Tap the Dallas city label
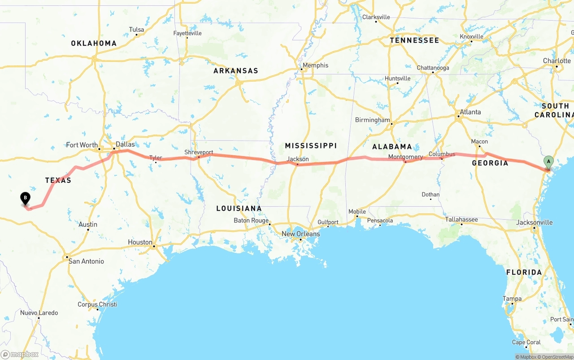click(125, 144)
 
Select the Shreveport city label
click(199, 152)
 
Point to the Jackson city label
click(298, 159)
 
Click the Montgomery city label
click(405, 157)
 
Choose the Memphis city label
click(315, 65)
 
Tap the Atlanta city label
click(470, 112)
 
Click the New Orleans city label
click(301, 234)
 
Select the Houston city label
click(140, 242)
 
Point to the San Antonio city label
click(86, 261)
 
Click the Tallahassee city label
click(461, 219)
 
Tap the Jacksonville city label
click(534, 222)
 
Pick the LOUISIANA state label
click(239, 208)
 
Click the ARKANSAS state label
click(236, 71)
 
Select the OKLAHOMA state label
click(94, 43)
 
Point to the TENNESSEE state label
click(414, 40)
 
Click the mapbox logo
click(20, 354)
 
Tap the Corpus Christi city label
click(97, 304)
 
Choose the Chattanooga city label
click(433, 68)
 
